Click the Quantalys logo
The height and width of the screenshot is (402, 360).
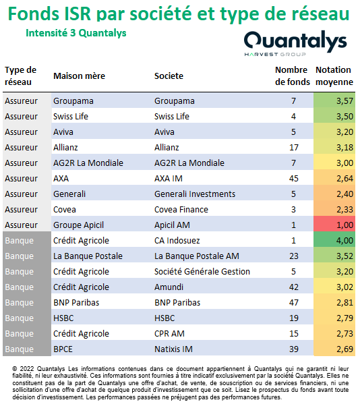295,43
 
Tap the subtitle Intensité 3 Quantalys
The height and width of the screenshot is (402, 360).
76,33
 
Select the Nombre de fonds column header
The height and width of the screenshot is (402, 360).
293,76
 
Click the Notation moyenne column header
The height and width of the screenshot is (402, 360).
334,76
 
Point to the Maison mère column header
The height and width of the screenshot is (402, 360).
79,76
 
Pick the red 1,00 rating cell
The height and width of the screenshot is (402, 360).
334,225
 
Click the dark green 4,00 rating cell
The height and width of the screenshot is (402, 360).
334,240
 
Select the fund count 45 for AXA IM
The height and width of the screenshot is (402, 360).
294,179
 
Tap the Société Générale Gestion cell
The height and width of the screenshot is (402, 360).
202,272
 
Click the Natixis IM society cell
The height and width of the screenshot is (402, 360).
173,349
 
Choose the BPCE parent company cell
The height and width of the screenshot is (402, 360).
63,349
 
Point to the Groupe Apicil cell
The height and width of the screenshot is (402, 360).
78,225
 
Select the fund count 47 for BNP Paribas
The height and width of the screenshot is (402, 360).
294,303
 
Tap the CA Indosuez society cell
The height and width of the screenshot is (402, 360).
177,241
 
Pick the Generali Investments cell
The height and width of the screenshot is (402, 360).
195,194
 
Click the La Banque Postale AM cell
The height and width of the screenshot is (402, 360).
197,256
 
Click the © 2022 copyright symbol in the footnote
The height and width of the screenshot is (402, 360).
15,369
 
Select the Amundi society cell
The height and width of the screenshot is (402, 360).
169,287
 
